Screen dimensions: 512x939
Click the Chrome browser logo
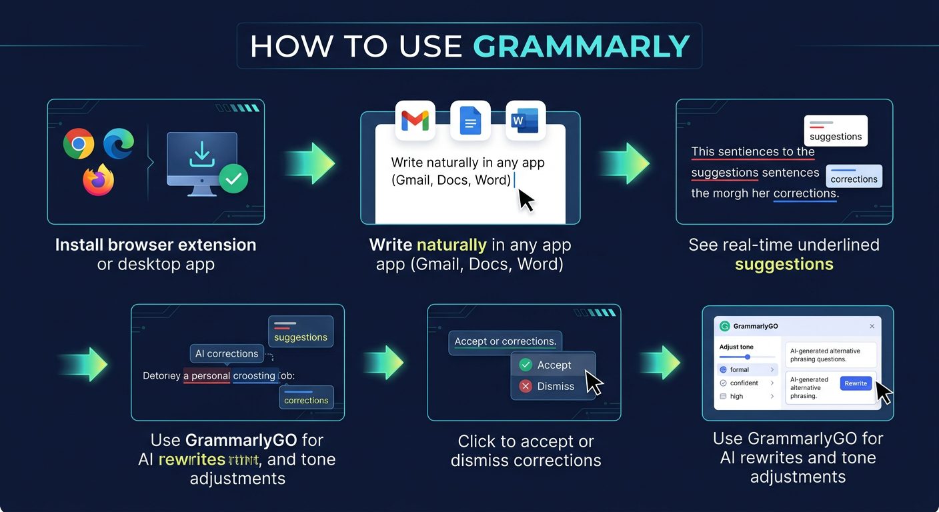coord(79,143)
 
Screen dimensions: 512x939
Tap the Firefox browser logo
coord(98,180)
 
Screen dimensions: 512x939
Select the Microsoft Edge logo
coord(119,143)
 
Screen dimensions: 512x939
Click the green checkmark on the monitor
coord(233,178)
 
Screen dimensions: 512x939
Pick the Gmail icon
coord(415,121)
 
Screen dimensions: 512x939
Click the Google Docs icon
coord(470,121)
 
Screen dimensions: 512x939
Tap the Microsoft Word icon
coord(526,121)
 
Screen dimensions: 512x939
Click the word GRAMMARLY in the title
coord(581,46)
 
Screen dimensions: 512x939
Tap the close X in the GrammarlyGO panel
coord(872,326)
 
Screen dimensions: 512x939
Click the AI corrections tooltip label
coord(227,353)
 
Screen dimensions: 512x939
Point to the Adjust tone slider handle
coord(747,357)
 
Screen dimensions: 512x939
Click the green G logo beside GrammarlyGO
coord(725,326)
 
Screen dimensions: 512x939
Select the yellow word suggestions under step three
coord(784,264)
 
